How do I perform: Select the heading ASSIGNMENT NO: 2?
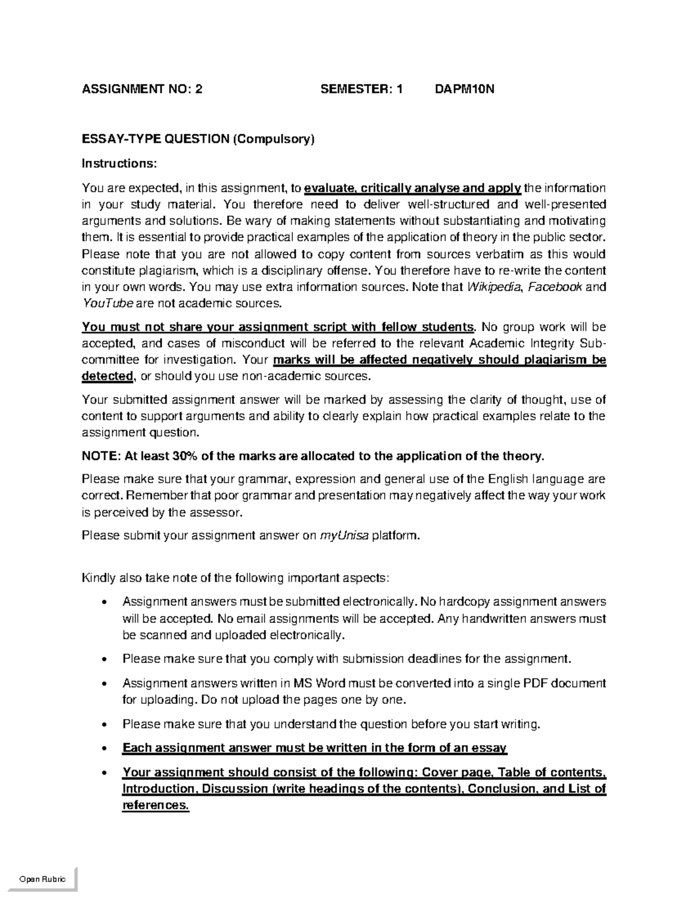[x=142, y=89]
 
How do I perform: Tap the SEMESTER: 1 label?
[x=361, y=89]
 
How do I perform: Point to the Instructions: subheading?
[x=119, y=164]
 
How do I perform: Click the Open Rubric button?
[x=42, y=879]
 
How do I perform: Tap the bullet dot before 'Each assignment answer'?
[x=104, y=748]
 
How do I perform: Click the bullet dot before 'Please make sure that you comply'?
[x=104, y=659]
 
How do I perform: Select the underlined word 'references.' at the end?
[x=155, y=805]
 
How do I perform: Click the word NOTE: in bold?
[x=101, y=456]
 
